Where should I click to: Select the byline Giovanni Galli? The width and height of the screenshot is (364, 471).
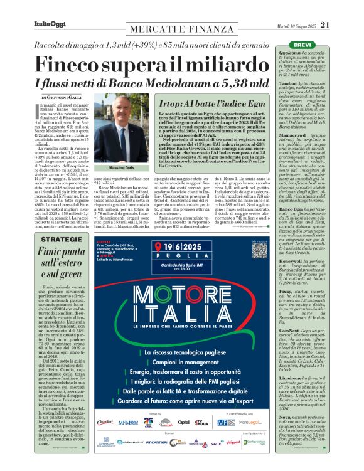coord(61,97)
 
